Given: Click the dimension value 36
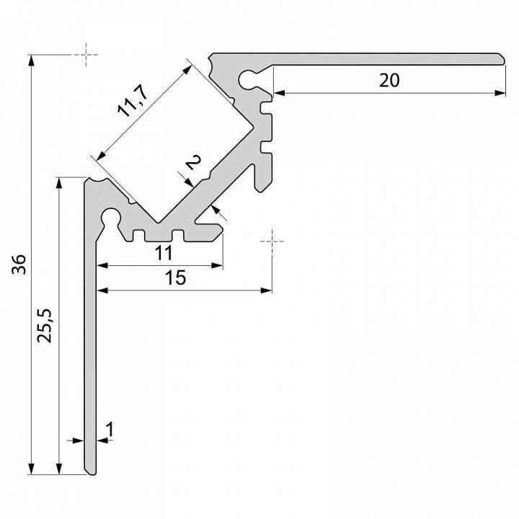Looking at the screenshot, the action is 19,264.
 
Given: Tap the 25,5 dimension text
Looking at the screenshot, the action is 45,326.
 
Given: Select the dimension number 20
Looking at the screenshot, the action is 389,81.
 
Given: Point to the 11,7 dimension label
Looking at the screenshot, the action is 133,101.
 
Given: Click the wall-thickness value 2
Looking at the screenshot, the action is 193,162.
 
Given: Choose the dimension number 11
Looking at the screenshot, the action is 164,253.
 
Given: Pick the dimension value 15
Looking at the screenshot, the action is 175,278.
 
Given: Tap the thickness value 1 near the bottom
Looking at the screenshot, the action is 110,430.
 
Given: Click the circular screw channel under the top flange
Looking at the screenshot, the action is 247,79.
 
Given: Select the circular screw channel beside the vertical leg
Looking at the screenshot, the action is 110,217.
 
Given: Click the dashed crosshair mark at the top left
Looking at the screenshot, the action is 86,55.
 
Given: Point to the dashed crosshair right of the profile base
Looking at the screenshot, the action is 272,241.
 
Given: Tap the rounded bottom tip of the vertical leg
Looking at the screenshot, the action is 91,471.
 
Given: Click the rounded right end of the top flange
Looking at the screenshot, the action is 501,58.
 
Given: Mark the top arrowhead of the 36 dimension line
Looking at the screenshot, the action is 31,61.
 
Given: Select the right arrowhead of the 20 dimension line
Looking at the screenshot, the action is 500,93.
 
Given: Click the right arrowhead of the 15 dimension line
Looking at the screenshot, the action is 266,290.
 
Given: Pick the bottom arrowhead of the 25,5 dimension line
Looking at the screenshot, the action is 59,468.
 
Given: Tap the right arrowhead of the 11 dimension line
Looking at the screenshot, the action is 217,265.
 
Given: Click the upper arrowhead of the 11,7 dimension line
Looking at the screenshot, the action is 187,70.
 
